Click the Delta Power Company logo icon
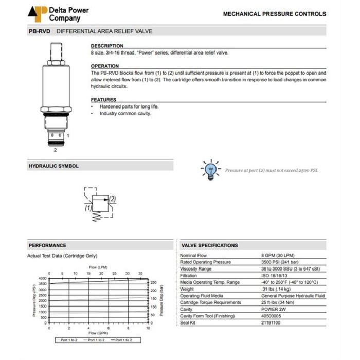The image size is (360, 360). point(37,13)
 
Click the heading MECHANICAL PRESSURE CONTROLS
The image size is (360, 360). point(274,14)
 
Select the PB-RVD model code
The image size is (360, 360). point(39,31)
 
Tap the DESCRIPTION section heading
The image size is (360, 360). point(107,46)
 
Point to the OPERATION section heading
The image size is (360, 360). point(105,66)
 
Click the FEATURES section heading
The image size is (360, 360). point(103,100)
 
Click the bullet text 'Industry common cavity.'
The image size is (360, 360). point(125,113)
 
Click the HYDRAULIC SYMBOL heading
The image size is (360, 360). point(53,166)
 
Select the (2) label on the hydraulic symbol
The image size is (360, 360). point(112,199)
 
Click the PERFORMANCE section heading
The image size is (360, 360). point(47,245)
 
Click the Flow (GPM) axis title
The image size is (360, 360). point(98,333)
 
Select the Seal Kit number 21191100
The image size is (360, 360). point(272,322)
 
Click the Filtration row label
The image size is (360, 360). point(189,276)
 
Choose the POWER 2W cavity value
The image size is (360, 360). point(273,309)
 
